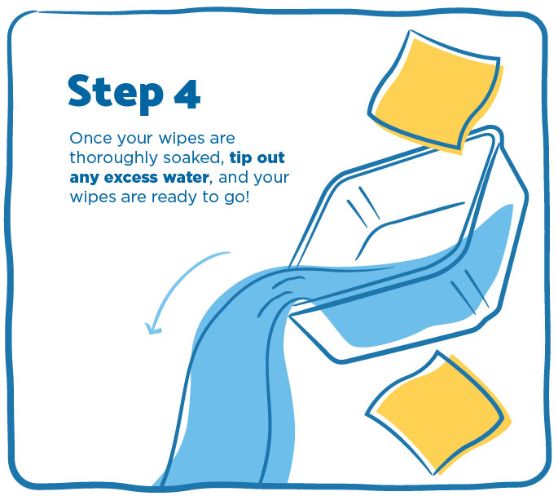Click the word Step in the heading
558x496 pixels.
(x=116, y=93)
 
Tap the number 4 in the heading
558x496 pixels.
(x=187, y=94)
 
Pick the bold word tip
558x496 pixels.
(x=240, y=157)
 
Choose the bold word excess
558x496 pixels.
(x=130, y=178)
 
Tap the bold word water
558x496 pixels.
(x=184, y=177)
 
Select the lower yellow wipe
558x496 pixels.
(x=438, y=414)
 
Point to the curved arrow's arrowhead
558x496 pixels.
(x=153, y=328)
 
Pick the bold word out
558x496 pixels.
(x=270, y=157)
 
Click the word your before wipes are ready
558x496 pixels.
(x=273, y=178)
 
